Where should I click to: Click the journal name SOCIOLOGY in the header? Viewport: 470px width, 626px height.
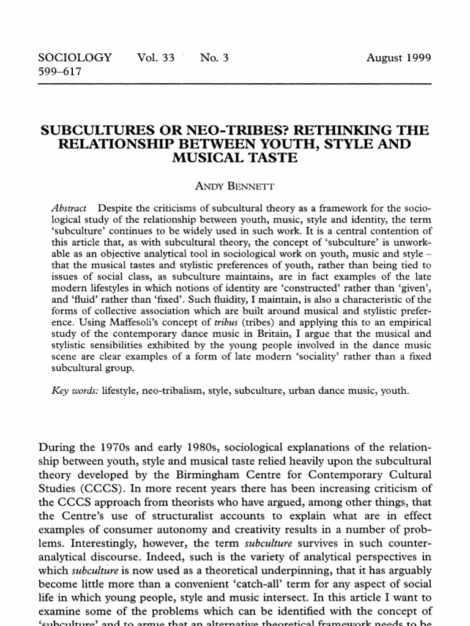75,59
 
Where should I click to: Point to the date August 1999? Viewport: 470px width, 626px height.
398,59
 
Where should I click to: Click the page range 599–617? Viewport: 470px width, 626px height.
60,72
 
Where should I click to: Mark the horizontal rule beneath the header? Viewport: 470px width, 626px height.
235,83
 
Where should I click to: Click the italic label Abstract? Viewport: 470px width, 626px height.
69,208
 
